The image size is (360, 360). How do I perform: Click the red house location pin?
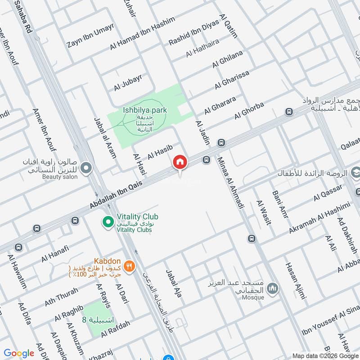[x=180, y=162]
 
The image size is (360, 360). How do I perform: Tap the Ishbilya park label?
[x=138, y=110]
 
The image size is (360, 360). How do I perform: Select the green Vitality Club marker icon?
[x=108, y=221]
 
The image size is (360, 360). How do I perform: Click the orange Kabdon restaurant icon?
[x=129, y=265]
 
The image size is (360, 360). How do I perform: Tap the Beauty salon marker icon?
[x=86, y=169]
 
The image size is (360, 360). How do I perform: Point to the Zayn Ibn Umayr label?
[x=90, y=35]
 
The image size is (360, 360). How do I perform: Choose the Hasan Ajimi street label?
[x=295, y=280]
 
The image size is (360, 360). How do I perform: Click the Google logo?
[x=19, y=353]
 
